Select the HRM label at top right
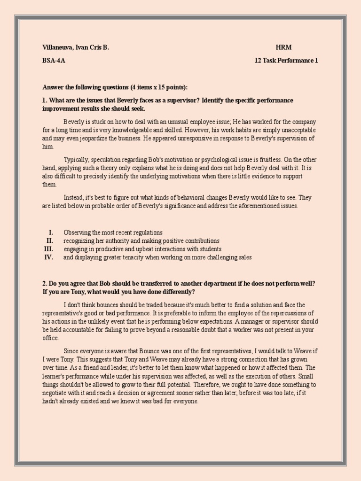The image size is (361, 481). click(283, 47)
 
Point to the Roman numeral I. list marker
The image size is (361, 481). click(51, 233)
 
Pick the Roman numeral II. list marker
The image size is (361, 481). click(49, 241)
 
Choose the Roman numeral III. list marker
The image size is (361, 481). click(48, 249)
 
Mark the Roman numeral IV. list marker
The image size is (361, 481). click(48, 257)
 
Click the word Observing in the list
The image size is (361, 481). click(76, 233)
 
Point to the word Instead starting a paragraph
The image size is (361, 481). click(74, 198)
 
